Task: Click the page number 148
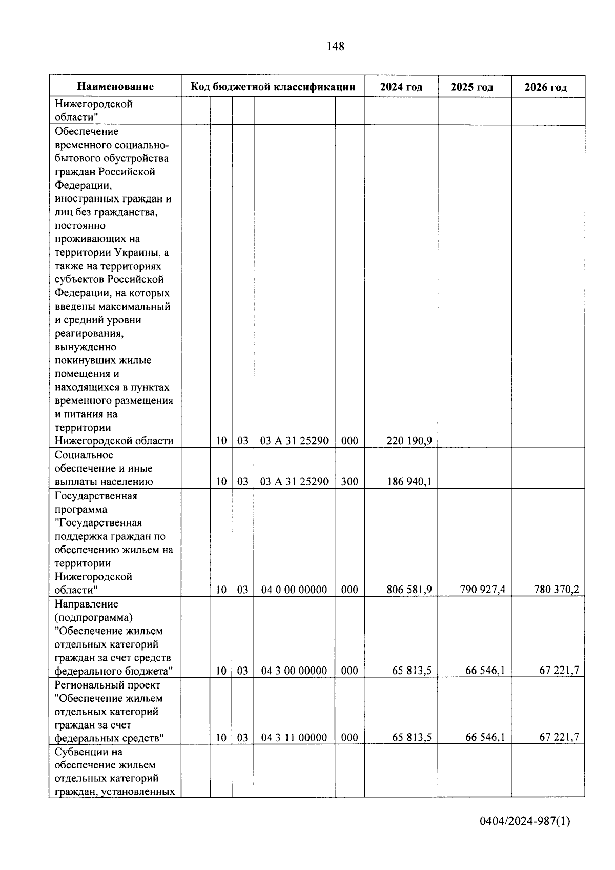pyautogui.click(x=335, y=47)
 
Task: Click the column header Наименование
pyautogui.click(x=116, y=87)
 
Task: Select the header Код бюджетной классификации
pyautogui.click(x=273, y=87)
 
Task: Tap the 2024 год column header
pyautogui.click(x=401, y=87)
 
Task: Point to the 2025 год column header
pyautogui.click(x=472, y=87)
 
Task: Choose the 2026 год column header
pyautogui.click(x=546, y=87)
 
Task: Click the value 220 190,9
pyautogui.click(x=409, y=441)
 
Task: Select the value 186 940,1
pyautogui.click(x=409, y=482)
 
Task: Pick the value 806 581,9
pyautogui.click(x=409, y=590)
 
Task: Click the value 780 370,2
pyautogui.click(x=556, y=590)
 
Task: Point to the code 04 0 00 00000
pyautogui.click(x=294, y=590)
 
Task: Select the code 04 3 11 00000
pyautogui.click(x=294, y=738)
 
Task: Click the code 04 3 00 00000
pyautogui.click(x=294, y=671)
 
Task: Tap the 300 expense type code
pyautogui.click(x=350, y=482)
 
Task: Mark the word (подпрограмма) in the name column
pyautogui.click(x=93, y=617)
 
